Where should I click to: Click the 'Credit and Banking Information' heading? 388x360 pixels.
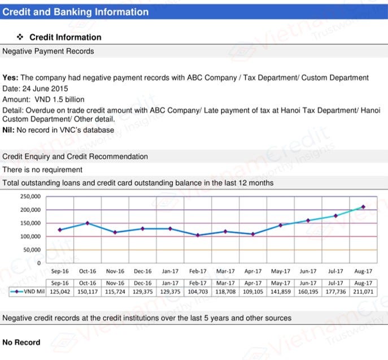click(76, 12)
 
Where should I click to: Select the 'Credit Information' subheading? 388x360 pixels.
click(65, 37)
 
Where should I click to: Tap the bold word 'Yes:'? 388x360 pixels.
click(11, 78)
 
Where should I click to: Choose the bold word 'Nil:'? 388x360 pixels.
click(10, 130)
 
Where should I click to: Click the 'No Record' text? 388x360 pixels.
click(21, 342)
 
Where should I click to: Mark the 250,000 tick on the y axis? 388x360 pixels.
click(30, 197)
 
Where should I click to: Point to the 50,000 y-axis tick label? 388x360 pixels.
click(32, 250)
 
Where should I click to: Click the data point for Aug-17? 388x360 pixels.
click(363, 207)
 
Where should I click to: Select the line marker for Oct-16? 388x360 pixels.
click(87, 223)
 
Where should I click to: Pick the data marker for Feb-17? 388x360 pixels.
click(198, 235)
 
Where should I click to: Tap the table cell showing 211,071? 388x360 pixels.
click(363, 292)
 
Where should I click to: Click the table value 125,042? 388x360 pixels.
click(59, 292)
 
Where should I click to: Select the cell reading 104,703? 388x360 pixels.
click(198, 292)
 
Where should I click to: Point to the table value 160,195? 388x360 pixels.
click(308, 292)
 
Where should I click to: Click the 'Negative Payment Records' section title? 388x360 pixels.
click(49, 51)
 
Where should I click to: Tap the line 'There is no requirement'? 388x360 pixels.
click(42, 170)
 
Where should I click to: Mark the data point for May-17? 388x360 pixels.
click(281, 225)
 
